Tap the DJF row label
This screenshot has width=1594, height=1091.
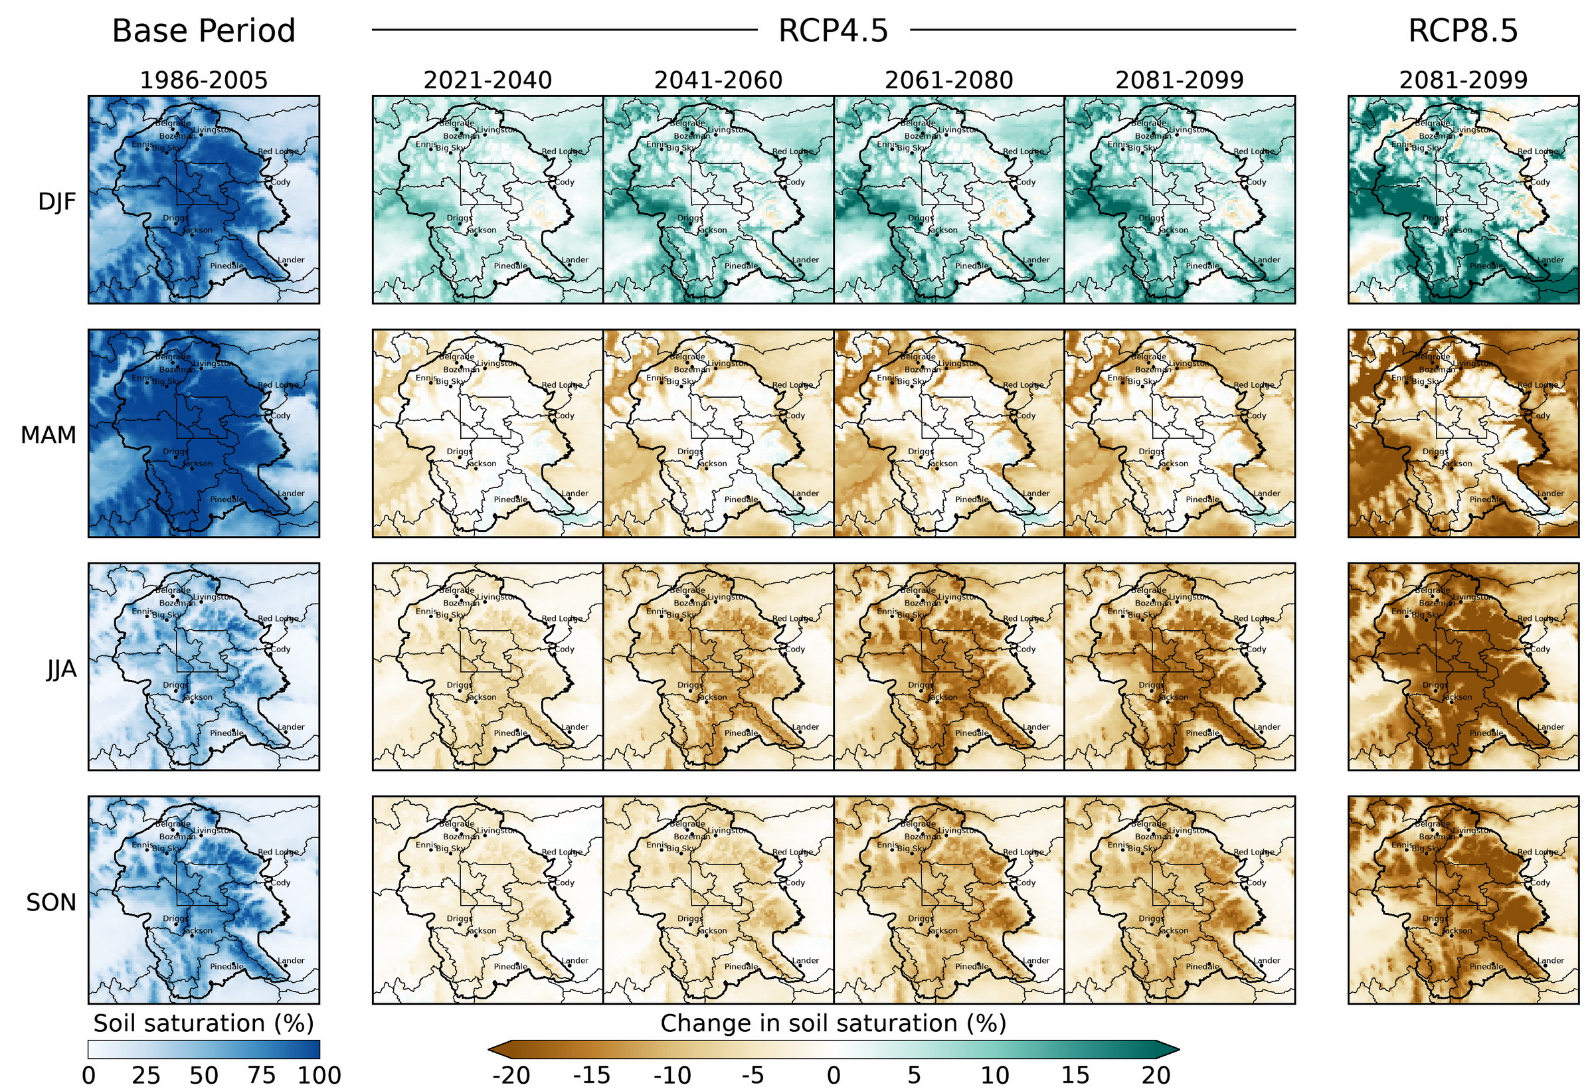click(57, 202)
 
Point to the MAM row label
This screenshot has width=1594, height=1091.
click(48, 435)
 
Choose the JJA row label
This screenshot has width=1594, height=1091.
click(61, 669)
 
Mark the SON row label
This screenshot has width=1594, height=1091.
click(50, 902)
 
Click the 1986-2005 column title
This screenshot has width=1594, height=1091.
click(203, 81)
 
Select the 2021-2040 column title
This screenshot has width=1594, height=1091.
click(487, 81)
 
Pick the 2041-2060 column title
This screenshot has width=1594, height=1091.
click(717, 81)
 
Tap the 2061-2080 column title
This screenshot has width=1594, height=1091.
click(948, 81)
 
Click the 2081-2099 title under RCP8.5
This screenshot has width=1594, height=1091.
click(1463, 81)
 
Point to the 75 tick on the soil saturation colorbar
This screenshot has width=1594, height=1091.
click(261, 1075)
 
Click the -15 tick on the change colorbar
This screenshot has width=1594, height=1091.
click(590, 1075)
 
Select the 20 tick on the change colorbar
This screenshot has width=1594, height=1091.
click(1155, 1075)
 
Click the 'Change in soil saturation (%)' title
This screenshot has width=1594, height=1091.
click(833, 1023)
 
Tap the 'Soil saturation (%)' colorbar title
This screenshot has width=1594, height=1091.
click(203, 1023)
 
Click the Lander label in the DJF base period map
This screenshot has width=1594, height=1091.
click(291, 260)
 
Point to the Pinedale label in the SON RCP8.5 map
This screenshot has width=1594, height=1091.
click(1486, 966)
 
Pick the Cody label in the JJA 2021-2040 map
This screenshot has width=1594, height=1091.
click(565, 649)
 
